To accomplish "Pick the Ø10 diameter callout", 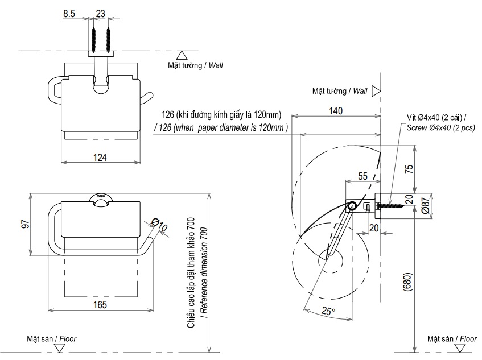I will click(160, 226).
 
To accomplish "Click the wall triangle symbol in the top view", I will click(182, 55).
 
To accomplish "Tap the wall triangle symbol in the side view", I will click(376, 90).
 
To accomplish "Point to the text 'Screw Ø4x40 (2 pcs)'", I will click(441, 127).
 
